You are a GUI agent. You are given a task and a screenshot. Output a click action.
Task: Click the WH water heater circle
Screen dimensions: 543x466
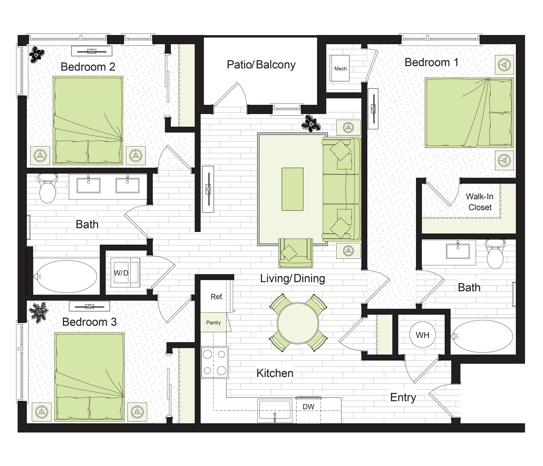(423, 335)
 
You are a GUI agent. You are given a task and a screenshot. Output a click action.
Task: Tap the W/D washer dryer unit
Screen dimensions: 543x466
(125, 272)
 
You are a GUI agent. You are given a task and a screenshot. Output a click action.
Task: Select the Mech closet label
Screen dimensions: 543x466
(341, 69)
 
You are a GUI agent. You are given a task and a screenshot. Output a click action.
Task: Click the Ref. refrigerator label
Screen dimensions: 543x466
(217, 297)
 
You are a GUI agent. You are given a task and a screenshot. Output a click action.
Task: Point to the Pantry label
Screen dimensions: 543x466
(214, 323)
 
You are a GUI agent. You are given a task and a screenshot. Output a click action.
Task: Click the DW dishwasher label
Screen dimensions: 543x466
(309, 407)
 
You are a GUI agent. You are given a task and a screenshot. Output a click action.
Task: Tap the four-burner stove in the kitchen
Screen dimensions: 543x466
(215, 362)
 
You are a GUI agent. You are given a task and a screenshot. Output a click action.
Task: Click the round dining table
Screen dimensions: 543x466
(298, 323)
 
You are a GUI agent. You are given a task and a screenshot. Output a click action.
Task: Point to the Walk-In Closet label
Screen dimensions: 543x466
(480, 202)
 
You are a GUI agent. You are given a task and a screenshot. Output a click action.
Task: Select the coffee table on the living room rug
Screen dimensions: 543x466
(292, 189)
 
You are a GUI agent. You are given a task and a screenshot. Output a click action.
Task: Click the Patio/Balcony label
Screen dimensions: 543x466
(261, 65)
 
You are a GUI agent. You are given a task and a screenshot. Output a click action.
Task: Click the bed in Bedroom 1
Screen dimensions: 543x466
(469, 113)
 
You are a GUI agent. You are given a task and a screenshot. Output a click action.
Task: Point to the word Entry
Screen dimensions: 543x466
(403, 398)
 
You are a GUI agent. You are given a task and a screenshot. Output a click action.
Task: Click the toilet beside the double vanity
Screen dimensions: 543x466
(47, 188)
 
